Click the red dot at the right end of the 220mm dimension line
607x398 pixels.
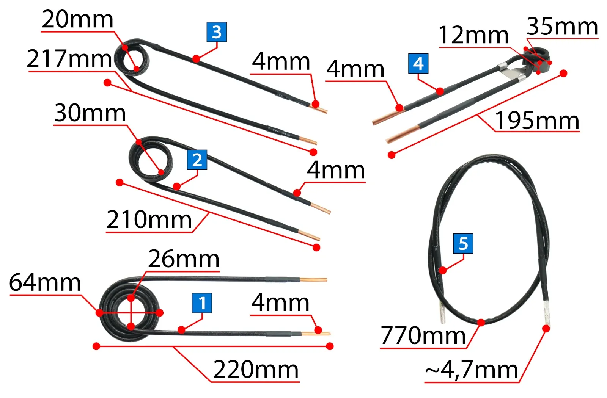[330, 346]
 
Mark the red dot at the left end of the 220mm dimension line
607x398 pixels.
[96, 346]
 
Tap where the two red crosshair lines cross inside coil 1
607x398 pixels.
[131, 313]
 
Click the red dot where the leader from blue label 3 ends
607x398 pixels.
[196, 58]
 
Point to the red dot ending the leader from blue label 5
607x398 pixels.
[443, 270]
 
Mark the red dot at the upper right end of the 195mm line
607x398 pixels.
[563, 73]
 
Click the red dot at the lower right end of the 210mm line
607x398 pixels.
[316, 247]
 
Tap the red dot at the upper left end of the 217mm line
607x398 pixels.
[108, 83]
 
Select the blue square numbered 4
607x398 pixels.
[418, 63]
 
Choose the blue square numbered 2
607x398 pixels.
[197, 160]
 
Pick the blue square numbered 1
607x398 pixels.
[202, 303]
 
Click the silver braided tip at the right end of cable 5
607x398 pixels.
[546, 313]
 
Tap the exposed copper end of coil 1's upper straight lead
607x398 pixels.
[313, 280]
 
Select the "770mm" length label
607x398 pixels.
[423, 336]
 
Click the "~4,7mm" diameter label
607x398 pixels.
[472, 370]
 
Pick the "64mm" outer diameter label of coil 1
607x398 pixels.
[45, 282]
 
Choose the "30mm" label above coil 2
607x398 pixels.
[90, 113]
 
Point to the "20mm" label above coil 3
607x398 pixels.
[77, 19]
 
